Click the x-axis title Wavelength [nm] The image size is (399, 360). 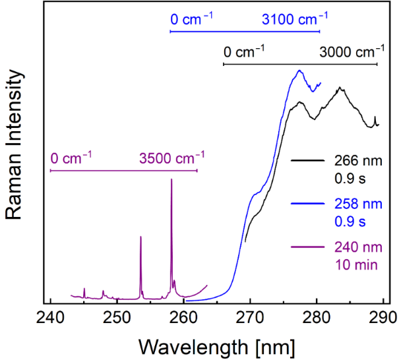click(217, 345)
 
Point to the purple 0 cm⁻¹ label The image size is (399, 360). click(70, 158)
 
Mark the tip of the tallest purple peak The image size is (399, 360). click(171, 179)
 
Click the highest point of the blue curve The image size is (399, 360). click(300, 71)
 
